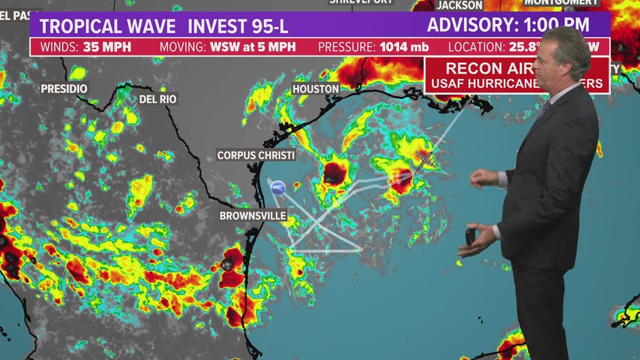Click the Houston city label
click(316, 89)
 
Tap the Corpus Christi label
click(256, 155)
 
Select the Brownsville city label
click(253, 216)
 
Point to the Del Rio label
click(158, 99)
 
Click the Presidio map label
click(64, 89)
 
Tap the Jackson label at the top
click(459, 5)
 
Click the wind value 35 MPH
click(107, 47)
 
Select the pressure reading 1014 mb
click(404, 47)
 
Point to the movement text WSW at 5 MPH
click(253, 47)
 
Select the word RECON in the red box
click(473, 69)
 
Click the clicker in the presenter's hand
click(470, 236)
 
